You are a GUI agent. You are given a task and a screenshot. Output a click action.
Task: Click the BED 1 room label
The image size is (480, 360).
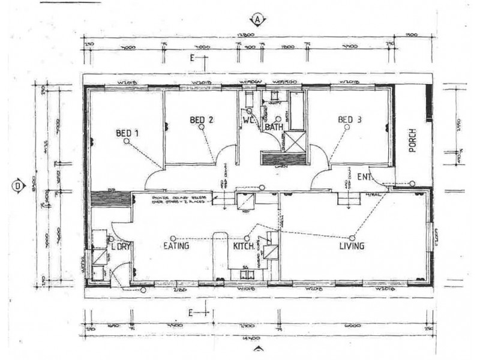click(127, 133)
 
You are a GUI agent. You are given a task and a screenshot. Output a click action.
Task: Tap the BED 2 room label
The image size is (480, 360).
click(202, 120)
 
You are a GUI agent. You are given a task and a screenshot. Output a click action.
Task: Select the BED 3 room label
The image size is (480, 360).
click(350, 120)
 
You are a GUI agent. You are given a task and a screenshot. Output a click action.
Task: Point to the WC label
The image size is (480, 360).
click(250, 127)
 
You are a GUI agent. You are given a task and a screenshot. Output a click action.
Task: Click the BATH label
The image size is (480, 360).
click(274, 127)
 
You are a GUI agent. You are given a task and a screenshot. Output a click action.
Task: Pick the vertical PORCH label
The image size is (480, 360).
click(413, 141)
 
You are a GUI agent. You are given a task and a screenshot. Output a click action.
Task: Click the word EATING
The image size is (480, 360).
click(176, 246)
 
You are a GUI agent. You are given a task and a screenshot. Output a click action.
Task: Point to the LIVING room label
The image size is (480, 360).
click(353, 246)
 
